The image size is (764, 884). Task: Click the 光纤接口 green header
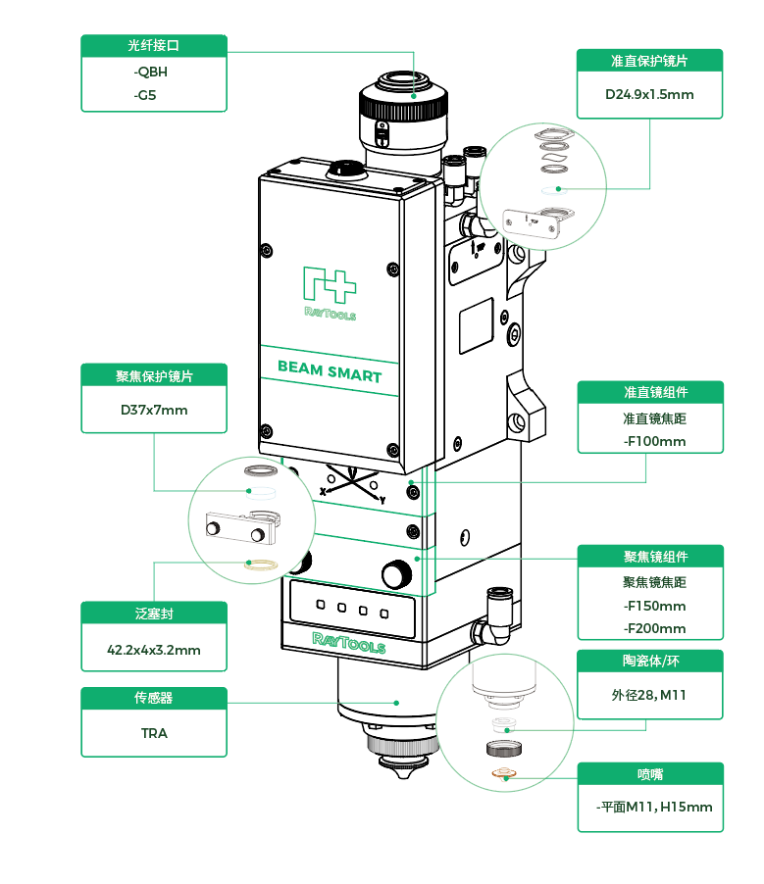[154, 46]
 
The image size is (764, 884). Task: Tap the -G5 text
[144, 95]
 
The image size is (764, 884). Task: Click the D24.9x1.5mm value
[649, 95]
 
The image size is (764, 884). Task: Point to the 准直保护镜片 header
[649, 61]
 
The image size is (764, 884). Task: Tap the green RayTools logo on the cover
[330, 293]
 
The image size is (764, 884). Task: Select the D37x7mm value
[154, 410]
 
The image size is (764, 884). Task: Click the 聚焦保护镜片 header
[154, 375]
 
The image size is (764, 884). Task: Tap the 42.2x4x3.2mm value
[154, 650]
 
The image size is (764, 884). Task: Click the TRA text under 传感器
[154, 733]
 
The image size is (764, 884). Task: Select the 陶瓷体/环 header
[649, 661]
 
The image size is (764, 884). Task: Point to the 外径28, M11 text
[649, 695]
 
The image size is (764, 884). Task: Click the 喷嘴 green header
[649, 774]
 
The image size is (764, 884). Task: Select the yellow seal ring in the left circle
[260, 565]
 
